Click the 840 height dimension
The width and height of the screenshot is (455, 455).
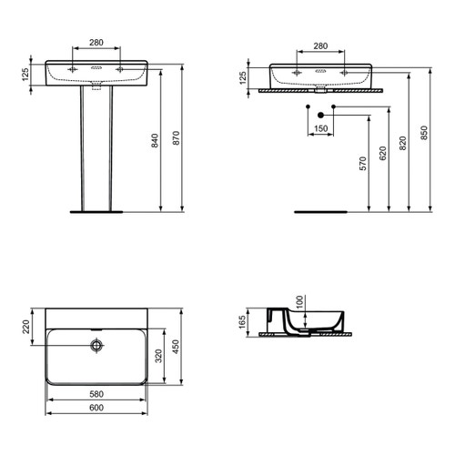coord(156,141)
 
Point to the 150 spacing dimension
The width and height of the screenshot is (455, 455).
coord(320,128)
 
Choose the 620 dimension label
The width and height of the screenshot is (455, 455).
coord(383,152)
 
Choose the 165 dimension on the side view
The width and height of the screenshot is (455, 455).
coord(243,322)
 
